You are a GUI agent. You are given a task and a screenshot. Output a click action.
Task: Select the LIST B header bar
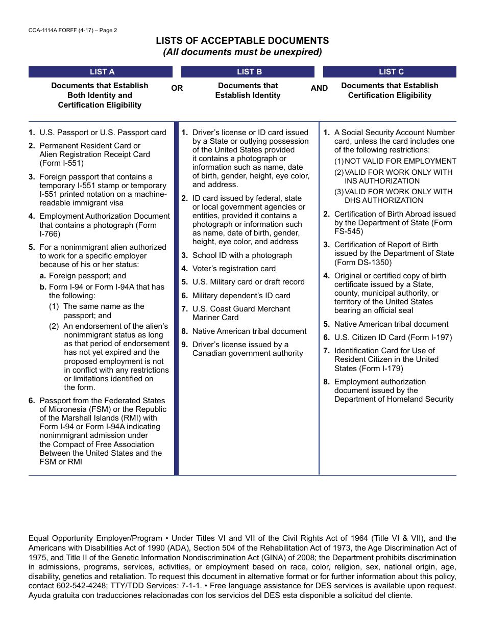point(249,72)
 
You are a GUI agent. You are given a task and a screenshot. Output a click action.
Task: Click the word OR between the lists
point(177,88)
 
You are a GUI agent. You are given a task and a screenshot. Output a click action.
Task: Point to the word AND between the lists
point(319,88)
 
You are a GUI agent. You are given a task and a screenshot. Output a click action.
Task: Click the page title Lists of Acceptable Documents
point(242,41)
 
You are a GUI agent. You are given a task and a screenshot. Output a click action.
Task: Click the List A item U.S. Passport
point(103,133)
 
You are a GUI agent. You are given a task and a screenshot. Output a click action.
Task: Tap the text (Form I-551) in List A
point(61,163)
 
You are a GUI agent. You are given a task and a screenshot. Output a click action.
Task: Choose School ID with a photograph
point(242,255)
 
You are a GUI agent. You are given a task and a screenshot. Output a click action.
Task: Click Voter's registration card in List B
point(234,269)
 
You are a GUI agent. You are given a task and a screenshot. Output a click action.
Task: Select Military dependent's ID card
point(241,296)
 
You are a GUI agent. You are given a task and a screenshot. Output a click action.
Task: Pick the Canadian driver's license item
point(247,349)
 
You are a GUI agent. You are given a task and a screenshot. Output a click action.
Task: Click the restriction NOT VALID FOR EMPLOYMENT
point(400,161)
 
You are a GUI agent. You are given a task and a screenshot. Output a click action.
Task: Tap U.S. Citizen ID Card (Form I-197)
point(393,337)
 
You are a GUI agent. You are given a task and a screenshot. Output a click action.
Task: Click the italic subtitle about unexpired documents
point(242,52)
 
